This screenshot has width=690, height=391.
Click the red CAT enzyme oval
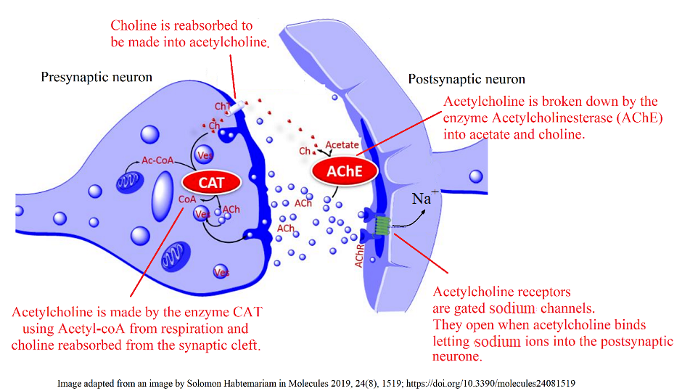pos(212,182)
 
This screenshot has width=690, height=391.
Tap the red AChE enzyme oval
pos(345,171)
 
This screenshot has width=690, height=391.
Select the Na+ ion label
pos(422,198)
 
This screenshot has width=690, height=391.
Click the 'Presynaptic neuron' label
pos(96,77)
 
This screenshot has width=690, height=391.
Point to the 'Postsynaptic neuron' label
pos(467,79)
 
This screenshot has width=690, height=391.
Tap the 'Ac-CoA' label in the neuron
pos(157,160)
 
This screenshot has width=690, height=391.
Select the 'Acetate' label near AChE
pos(342,145)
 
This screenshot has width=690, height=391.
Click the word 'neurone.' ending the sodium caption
pos(457,357)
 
